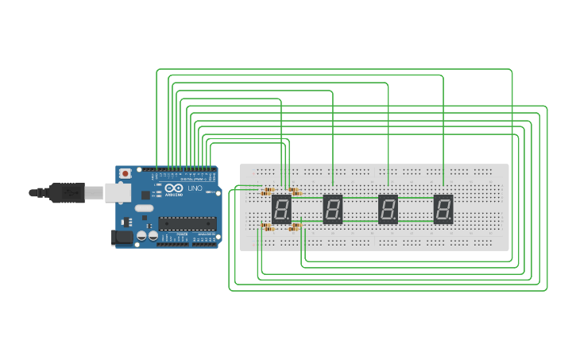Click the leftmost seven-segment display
coord(281,210)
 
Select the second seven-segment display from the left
coord(333,210)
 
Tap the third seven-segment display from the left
coord(388,210)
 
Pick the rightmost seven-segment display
coord(443,210)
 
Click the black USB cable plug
coord(67,192)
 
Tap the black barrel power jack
coord(123,236)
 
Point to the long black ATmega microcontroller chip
coord(187,223)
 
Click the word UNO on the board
coord(194,188)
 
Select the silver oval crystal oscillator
coord(144,208)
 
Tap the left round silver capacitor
coord(141,235)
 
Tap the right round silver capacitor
coord(152,235)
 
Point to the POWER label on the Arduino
coord(182,235)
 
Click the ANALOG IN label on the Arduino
coord(205,235)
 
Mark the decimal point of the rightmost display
coord(450,220)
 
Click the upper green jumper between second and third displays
coord(360,198)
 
